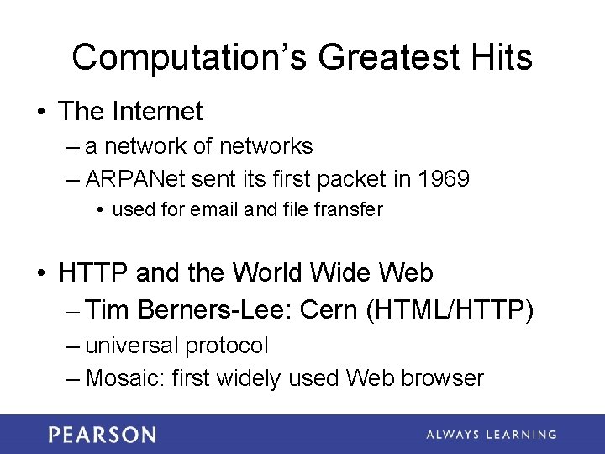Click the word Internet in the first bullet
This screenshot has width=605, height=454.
pos(159,111)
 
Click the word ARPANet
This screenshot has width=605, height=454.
pos(135,179)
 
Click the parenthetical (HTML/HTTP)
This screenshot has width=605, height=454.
pos(450,310)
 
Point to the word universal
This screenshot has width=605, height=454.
pos(132,346)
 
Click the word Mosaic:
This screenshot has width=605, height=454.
pos(125,378)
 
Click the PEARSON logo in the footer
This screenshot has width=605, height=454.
pos(103,435)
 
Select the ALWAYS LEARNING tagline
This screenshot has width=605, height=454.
pos(491,435)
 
